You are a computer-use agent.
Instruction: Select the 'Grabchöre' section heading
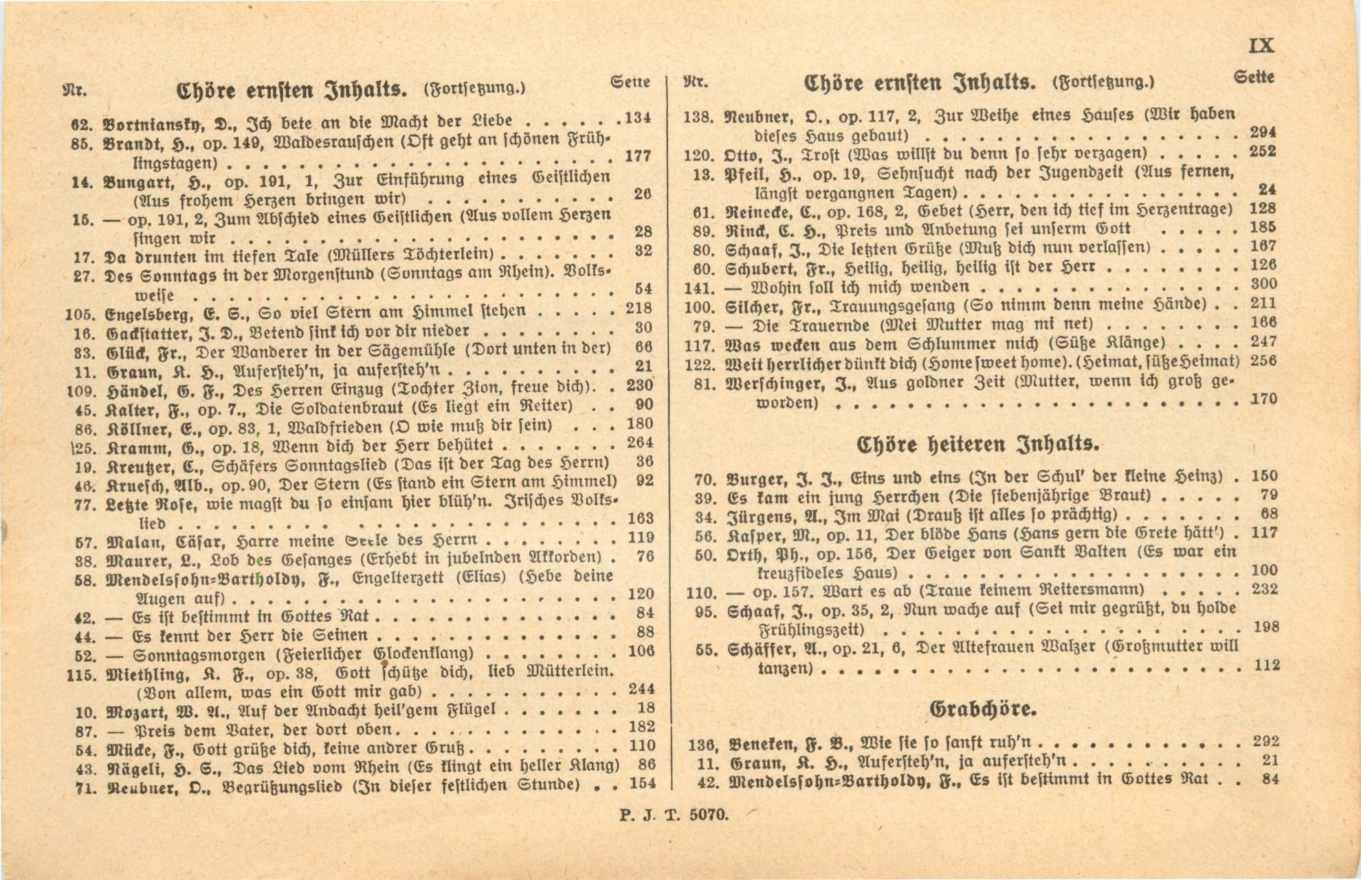(x=982, y=708)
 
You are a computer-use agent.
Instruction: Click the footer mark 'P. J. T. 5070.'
(x=674, y=815)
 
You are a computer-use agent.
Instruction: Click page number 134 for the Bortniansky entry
(x=637, y=117)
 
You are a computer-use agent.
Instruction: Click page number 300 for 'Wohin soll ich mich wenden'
(x=1263, y=284)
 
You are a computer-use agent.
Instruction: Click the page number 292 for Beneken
(x=1265, y=741)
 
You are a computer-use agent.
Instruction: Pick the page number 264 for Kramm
(x=639, y=442)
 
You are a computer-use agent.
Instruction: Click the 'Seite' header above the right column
(x=1254, y=78)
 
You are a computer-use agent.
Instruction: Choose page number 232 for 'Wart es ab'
(x=1265, y=589)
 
